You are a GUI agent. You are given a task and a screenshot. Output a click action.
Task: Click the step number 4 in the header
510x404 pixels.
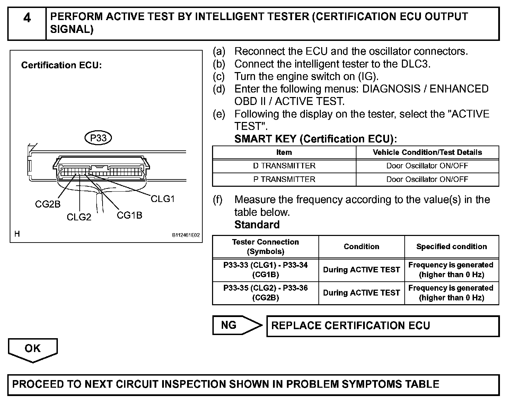(x=27, y=18)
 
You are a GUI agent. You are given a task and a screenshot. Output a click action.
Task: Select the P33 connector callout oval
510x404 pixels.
(x=98, y=138)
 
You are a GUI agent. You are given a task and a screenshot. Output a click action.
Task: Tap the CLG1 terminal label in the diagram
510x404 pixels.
(x=162, y=199)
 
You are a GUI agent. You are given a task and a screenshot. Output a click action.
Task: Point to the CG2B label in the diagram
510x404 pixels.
(x=47, y=204)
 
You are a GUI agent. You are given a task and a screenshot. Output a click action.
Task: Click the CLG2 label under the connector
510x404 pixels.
(x=79, y=217)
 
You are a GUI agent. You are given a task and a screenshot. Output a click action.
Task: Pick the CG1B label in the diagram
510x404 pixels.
(x=129, y=215)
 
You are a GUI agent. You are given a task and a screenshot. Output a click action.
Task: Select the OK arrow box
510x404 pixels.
(x=33, y=349)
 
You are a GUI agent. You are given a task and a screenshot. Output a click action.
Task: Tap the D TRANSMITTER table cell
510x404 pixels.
(x=284, y=166)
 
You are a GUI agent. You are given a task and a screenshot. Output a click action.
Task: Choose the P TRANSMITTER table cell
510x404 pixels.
(x=284, y=179)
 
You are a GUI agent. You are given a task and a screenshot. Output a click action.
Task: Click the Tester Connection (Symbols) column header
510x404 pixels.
(x=265, y=247)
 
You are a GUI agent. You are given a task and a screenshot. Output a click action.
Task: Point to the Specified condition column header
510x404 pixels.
(x=451, y=247)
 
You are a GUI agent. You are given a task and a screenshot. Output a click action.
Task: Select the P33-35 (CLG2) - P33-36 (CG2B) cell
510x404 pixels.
(x=265, y=293)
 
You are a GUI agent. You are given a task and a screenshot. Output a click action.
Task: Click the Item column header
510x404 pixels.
(x=284, y=152)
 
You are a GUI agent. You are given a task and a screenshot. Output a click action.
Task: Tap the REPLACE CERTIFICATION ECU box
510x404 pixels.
(x=382, y=326)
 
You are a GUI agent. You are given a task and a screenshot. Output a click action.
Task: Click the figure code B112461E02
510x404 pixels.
(x=186, y=235)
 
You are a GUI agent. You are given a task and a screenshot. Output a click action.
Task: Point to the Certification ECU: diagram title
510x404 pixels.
(x=61, y=65)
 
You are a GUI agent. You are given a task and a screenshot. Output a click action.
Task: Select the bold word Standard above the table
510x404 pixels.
(x=257, y=225)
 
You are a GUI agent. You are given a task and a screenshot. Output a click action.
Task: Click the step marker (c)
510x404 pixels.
(x=219, y=76)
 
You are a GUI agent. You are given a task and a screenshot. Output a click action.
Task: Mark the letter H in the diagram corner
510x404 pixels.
(x=17, y=234)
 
